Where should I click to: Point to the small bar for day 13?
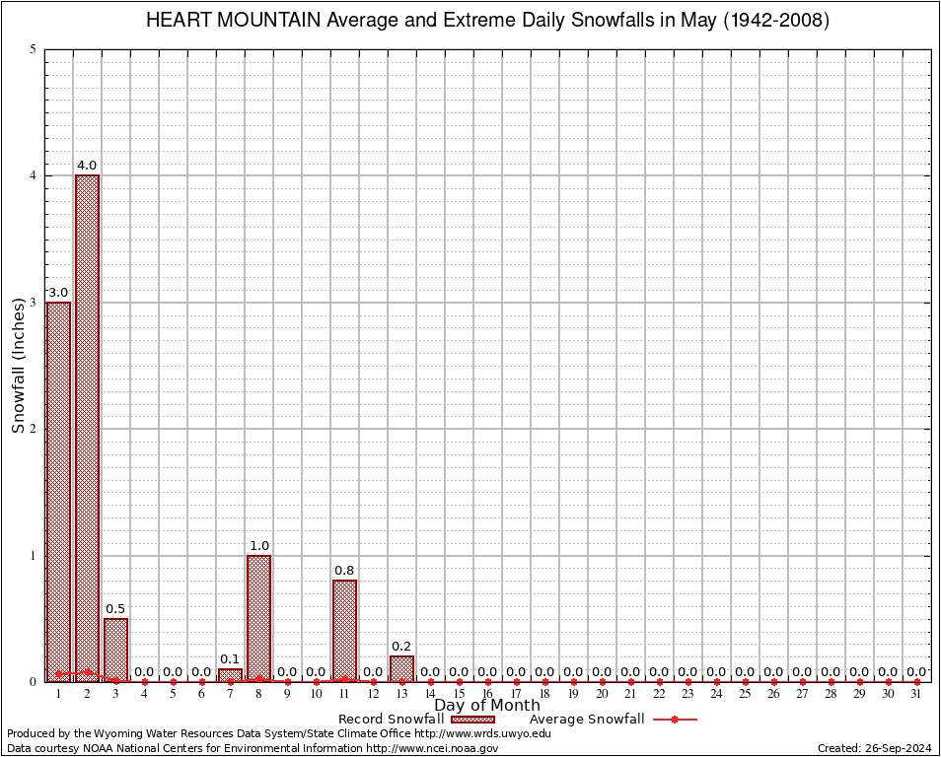coord(401,668)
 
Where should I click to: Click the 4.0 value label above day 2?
coord(87,166)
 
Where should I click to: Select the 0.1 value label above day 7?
coord(230,659)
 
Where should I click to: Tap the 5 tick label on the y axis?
coord(34,49)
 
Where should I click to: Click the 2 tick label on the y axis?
coord(34,429)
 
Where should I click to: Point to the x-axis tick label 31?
coord(916,694)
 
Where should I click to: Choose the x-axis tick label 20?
coord(602,694)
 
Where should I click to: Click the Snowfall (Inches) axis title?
coord(19,366)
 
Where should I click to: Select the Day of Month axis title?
coord(487,705)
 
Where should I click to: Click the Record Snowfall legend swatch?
coord(472,720)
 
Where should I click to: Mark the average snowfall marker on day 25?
coord(745,681)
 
